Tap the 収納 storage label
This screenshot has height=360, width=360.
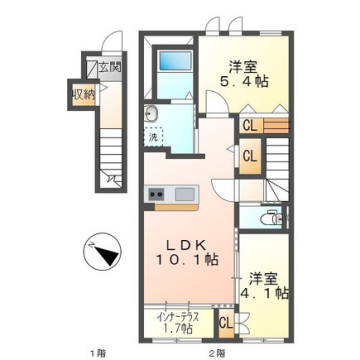tap(82, 95)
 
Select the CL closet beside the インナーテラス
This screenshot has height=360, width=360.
tap(227, 323)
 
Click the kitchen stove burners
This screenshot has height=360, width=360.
tap(156, 194)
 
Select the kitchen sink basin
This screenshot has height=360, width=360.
tap(184, 194)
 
